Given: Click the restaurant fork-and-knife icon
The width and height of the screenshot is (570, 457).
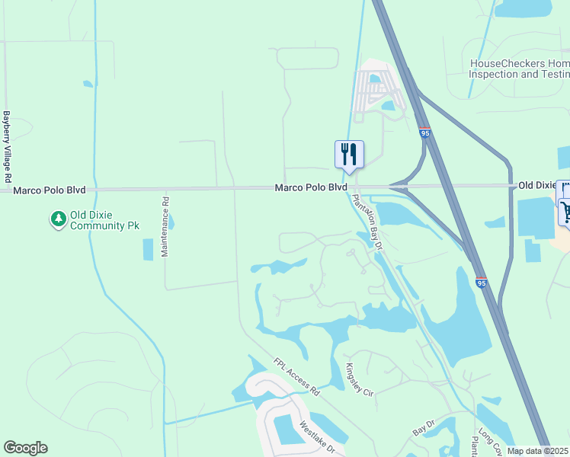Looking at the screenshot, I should coord(349,154).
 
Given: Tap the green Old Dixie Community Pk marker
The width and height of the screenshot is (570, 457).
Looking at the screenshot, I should coord(58,220).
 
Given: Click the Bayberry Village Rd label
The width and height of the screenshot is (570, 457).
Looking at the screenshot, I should coord(7,146).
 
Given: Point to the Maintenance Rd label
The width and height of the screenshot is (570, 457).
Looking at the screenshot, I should coord(165,227).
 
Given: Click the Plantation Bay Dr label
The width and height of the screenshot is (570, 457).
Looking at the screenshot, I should coord(366,222).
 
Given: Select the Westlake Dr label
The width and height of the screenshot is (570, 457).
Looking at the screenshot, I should coord(318,439).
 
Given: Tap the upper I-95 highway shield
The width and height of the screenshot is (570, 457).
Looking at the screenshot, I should coord(425,133).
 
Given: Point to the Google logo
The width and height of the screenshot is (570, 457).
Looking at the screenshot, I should coord(25,448).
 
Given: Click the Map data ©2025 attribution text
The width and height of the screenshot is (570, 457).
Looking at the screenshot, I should coord(538,451).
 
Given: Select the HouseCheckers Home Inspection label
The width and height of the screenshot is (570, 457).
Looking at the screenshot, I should coord(519,69).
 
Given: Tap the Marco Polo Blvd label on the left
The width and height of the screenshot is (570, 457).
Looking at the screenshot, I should coord(50,189).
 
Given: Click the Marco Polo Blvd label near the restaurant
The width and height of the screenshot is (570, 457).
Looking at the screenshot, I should coord(311,187).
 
